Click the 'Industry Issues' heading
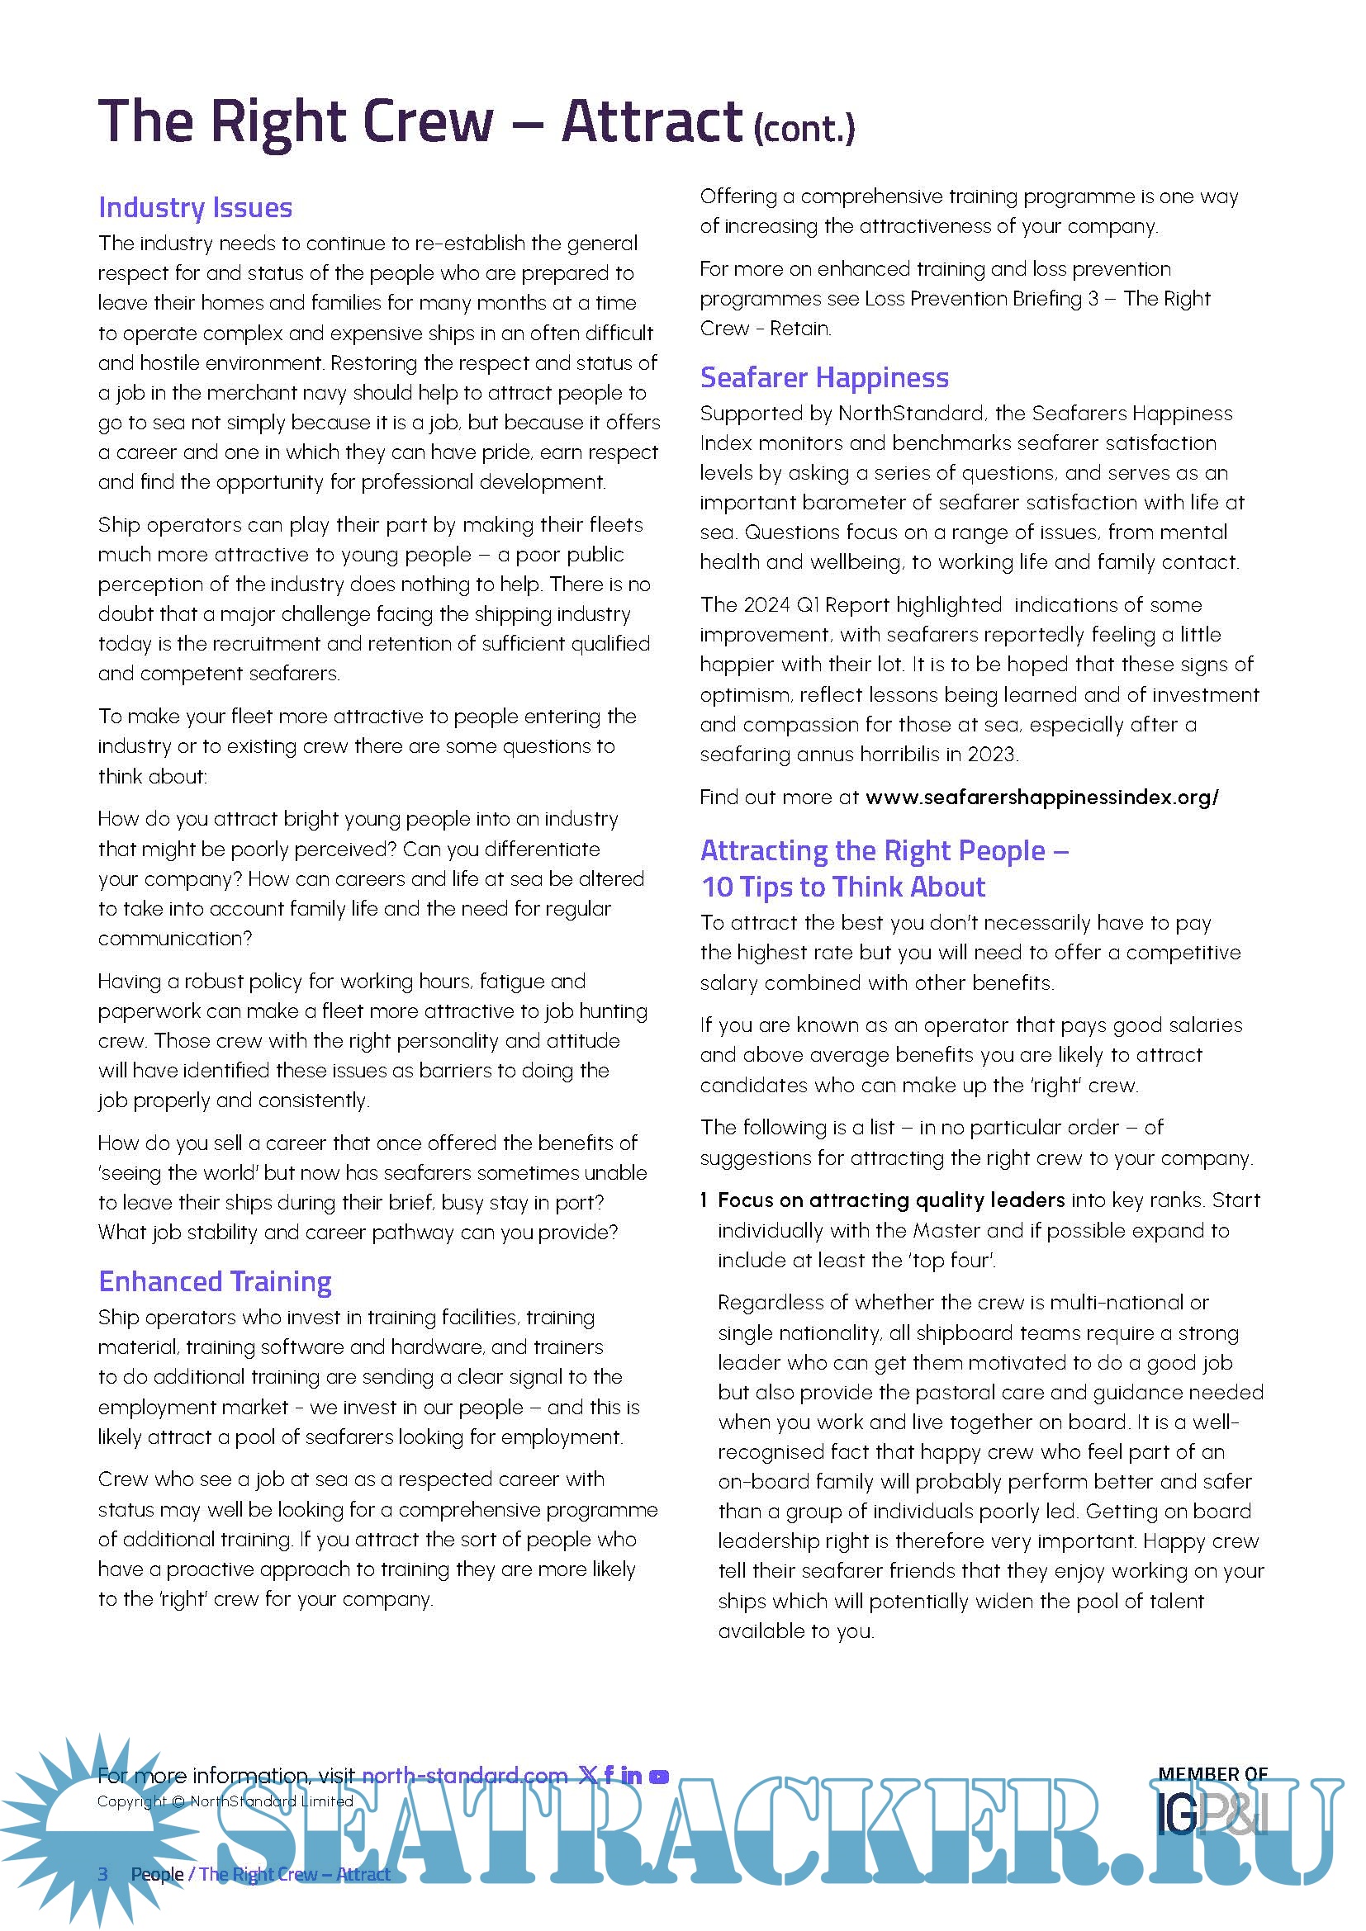pos(195,208)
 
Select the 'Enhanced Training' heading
pos(215,1281)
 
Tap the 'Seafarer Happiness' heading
pos(823,377)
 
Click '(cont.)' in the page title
pos(804,129)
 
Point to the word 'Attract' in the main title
pos(652,121)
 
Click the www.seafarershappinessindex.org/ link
pos(1041,797)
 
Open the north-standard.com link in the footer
pos(464,1776)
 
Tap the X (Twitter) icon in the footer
pos(587,1776)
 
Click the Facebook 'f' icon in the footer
pos(608,1776)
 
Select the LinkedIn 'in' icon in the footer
pos(632,1776)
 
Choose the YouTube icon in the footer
pos(659,1777)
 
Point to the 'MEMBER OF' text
pos(1212,1773)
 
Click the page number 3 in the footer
pos(103,1874)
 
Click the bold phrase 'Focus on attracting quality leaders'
pos(891,1200)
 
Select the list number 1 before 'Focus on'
pos(704,1200)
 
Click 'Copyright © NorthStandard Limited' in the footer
pos(225,1801)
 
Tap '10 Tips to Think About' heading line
pos(843,887)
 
